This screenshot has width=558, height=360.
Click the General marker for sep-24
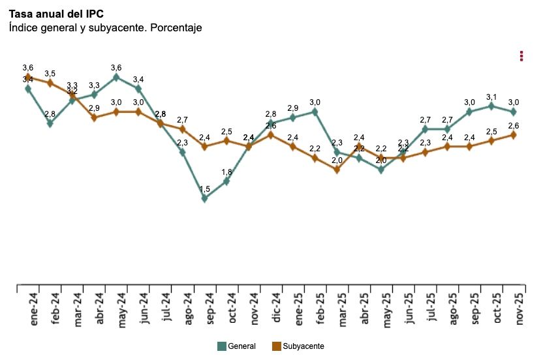pos(204,198)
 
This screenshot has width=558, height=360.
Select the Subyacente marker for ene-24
pos(28,77)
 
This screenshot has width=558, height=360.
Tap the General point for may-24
pos(116,77)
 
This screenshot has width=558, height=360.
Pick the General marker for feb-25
pos(315,112)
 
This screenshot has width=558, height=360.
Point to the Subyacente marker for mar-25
pos(337,170)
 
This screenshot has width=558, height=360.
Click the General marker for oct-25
pos(491,106)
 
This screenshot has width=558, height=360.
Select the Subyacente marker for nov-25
pos(513,135)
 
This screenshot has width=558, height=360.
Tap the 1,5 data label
pos(204,189)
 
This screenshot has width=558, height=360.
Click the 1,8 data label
pos(226,172)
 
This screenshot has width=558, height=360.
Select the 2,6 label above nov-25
pos(513,126)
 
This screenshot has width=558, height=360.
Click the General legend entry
pos(236,346)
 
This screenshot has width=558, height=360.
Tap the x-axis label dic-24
pos(277,307)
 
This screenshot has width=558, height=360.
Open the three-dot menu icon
pos(521,56)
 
